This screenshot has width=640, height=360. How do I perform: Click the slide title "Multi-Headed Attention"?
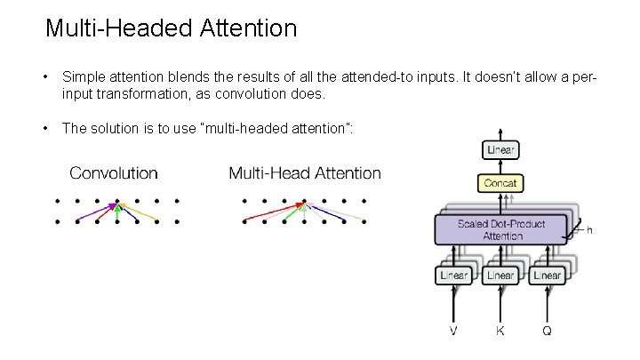tap(171, 28)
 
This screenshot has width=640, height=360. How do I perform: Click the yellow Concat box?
tap(500, 183)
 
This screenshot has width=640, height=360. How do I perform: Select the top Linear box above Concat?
tap(500, 150)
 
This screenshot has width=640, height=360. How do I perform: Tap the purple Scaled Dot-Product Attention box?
tap(500, 229)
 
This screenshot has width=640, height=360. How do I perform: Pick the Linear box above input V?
tap(454, 276)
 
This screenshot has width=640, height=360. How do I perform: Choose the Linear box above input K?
tap(500, 276)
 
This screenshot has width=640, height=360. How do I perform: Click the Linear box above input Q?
tap(547, 276)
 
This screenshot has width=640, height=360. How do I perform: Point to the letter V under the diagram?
tap(454, 332)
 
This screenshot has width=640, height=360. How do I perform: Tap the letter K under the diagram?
tap(500, 332)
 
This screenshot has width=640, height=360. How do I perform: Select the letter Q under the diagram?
tap(547, 332)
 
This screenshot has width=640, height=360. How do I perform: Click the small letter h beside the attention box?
tap(588, 230)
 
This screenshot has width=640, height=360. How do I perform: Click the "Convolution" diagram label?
tap(114, 173)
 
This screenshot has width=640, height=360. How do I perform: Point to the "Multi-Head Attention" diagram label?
tap(305, 173)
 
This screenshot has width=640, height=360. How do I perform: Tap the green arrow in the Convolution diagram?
tap(117, 213)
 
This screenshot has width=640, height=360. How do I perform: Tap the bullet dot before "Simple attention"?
tap(45, 78)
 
